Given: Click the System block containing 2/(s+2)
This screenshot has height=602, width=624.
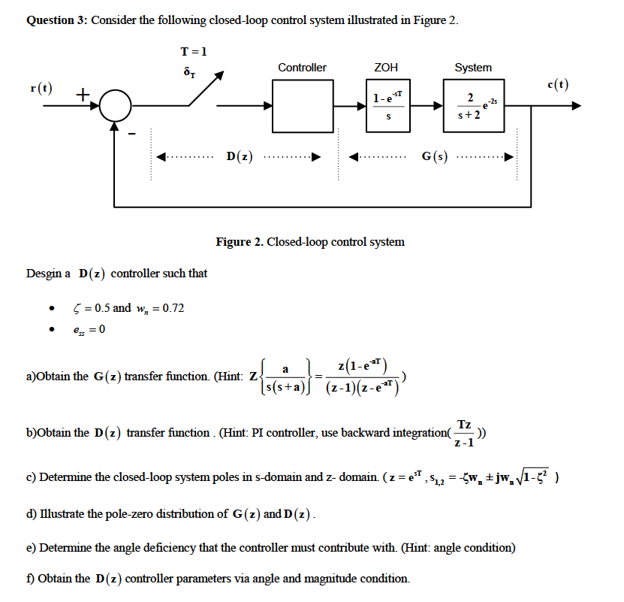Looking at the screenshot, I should pyautogui.click(x=474, y=106).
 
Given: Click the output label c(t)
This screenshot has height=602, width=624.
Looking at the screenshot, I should pyautogui.click(x=558, y=85).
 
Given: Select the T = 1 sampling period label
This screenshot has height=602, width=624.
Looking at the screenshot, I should pyautogui.click(x=194, y=51).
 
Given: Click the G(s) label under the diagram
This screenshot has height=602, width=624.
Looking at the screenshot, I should pyautogui.click(x=434, y=157).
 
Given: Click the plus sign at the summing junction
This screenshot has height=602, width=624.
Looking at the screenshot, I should pyautogui.click(x=82, y=94).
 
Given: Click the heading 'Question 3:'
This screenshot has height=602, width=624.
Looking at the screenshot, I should pyautogui.click(x=57, y=20).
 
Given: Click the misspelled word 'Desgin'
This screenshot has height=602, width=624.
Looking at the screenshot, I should pyautogui.click(x=44, y=273).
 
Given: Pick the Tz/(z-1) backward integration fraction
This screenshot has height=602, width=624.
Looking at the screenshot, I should pyautogui.click(x=464, y=434).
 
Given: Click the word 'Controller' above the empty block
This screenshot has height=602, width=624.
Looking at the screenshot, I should pyautogui.click(x=302, y=68).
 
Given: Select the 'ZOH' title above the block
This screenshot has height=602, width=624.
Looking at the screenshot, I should pyautogui.click(x=386, y=68).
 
